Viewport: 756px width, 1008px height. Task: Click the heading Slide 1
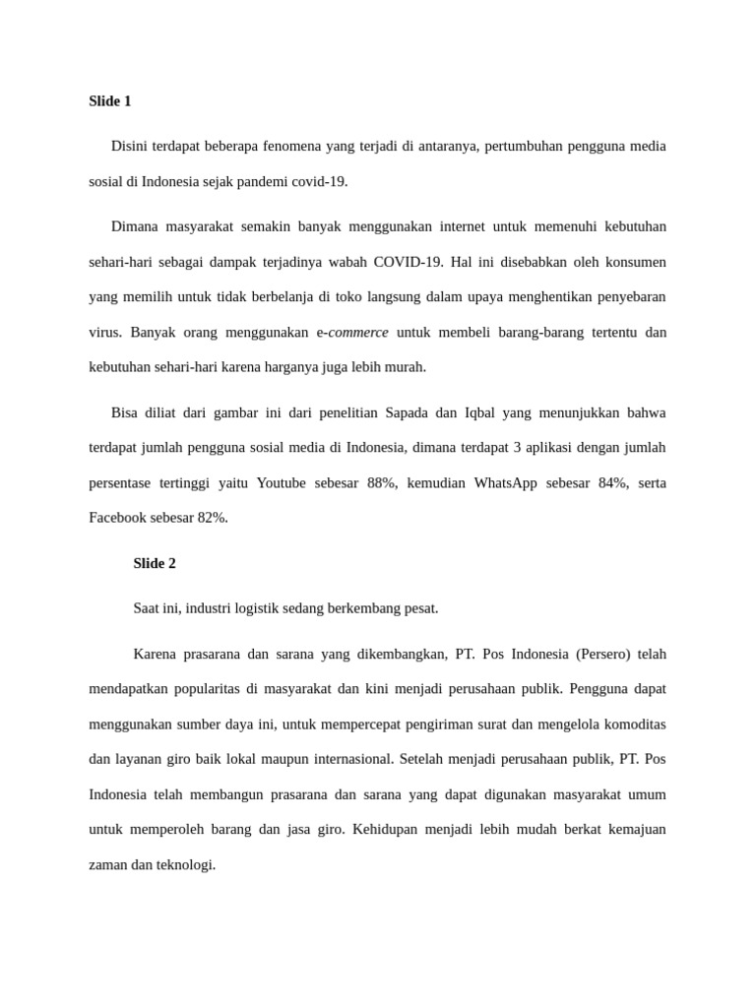coord(109,100)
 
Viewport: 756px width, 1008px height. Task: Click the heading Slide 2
coord(155,563)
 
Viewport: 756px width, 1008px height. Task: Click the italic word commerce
coord(358,332)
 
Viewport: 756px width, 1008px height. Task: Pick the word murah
coord(406,366)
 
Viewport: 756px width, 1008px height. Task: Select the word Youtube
coord(281,482)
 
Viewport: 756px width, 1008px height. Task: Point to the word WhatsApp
coord(505,482)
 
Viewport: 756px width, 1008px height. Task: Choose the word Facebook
coord(118,517)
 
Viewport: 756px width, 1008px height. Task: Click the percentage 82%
coord(212,517)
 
